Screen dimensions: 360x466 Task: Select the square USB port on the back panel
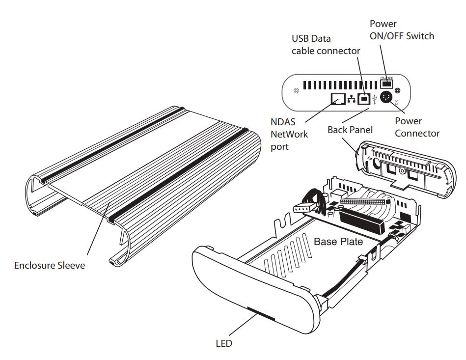point(364,99)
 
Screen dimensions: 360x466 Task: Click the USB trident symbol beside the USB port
point(375,99)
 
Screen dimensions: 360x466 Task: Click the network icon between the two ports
point(351,100)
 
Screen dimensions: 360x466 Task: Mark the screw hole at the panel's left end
point(296,91)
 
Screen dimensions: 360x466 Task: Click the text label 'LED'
point(223,343)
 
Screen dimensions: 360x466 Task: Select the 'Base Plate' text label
point(338,242)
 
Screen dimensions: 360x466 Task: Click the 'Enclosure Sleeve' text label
point(50,266)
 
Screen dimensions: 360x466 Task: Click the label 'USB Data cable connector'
point(326,45)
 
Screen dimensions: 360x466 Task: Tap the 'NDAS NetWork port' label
point(289,134)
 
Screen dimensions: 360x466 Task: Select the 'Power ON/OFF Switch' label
point(401,30)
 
